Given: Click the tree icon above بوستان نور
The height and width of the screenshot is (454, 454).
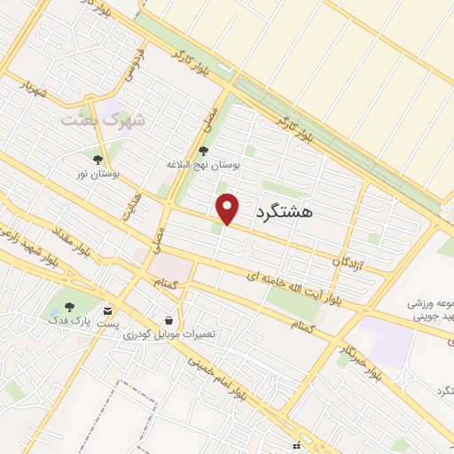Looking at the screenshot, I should (x=98, y=160).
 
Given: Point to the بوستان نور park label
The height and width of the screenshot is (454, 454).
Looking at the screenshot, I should (x=98, y=175).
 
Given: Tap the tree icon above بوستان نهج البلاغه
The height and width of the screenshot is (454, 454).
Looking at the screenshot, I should (x=204, y=151).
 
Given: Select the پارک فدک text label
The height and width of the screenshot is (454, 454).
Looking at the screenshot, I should (x=68, y=322).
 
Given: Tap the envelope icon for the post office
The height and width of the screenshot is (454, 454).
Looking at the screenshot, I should (x=107, y=311).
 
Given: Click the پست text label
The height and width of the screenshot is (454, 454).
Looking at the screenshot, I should (x=107, y=325).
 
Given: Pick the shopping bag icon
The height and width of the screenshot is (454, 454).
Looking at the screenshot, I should (x=168, y=319).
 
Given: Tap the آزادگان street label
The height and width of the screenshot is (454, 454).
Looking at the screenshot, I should (x=348, y=259).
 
